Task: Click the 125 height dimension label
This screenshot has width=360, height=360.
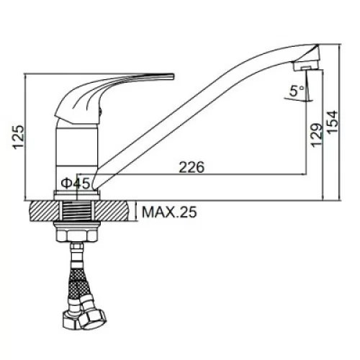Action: point(19,137)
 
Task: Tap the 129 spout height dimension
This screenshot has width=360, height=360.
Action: point(317,135)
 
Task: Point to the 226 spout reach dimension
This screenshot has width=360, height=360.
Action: point(192,167)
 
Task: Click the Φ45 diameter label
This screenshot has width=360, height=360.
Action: point(75,184)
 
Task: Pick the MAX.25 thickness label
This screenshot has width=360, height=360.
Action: point(169,212)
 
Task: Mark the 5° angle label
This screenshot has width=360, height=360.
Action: point(297,91)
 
